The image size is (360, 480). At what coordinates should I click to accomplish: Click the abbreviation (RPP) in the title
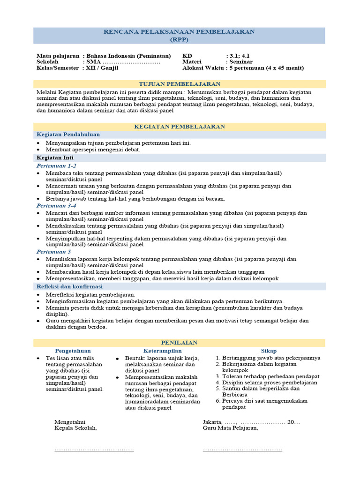coord(180,39)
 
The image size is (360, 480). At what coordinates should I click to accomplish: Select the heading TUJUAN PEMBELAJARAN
coord(180,84)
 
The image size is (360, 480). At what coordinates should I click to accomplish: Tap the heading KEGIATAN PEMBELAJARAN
coord(180,127)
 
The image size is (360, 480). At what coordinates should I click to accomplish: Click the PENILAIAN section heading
coord(180,343)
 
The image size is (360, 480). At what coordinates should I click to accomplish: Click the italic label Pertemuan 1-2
coord(56,166)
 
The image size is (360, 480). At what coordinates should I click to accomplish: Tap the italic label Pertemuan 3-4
coord(56,205)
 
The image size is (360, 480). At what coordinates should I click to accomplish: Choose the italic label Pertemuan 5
coord(54,252)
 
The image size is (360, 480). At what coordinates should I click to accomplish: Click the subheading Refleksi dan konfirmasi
coord(69,286)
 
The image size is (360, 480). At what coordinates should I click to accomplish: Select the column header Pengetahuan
coord(73,351)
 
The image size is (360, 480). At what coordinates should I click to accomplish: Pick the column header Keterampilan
coord(162,351)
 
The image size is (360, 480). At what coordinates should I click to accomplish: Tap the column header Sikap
coord(269,351)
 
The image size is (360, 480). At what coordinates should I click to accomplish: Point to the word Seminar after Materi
coord(241,61)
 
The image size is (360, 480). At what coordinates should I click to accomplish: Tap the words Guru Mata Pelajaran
coord(230,428)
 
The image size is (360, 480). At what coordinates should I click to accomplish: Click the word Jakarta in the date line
coord(214,422)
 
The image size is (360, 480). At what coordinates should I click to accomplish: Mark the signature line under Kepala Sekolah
coord(94,450)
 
